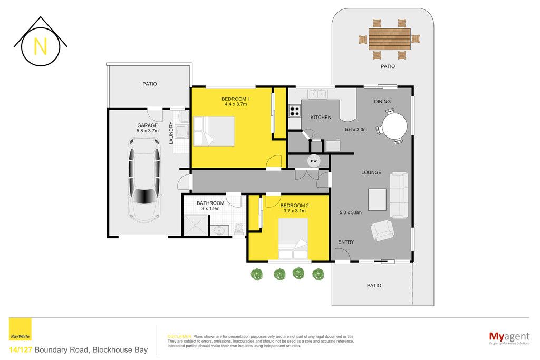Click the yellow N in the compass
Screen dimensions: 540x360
pyautogui.click(x=40, y=46)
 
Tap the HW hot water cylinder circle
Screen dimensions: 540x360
pyautogui.click(x=313, y=161)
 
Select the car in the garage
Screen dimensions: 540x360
pyautogui.click(x=144, y=180)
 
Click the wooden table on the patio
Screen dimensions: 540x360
pyautogui.click(x=390, y=39)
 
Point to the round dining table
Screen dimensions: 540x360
pyautogui.click(x=394, y=125)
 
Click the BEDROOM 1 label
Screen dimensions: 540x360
pyautogui.click(x=236, y=99)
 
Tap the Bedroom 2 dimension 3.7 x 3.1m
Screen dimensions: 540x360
pyautogui.click(x=294, y=211)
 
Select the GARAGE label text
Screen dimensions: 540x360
pyautogui.click(x=148, y=125)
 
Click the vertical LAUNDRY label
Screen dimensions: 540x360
pyautogui.click(x=171, y=132)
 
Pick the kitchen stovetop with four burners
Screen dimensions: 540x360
pyautogui.click(x=295, y=111)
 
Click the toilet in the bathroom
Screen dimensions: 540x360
pyautogui.click(x=239, y=229)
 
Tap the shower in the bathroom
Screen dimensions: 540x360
pyautogui.click(x=196, y=226)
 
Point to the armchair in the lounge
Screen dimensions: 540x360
pyautogui.click(x=382, y=230)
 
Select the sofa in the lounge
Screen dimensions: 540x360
pyautogui.click(x=399, y=195)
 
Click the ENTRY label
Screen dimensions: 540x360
pyautogui.click(x=346, y=242)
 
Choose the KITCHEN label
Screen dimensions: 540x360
pyautogui.click(x=321, y=118)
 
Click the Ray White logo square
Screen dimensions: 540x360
pyautogui.click(x=20, y=329)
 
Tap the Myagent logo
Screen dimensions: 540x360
pyautogui.click(x=509, y=337)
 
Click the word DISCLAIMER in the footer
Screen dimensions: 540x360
pyautogui.click(x=179, y=337)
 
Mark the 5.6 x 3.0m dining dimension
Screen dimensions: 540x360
pyautogui.click(x=356, y=130)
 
